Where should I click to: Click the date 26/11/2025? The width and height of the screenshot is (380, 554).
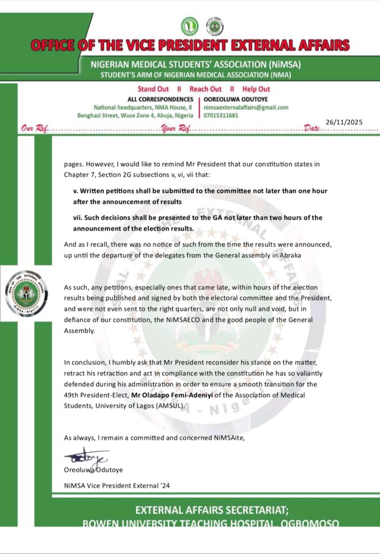pyautogui.click(x=344, y=122)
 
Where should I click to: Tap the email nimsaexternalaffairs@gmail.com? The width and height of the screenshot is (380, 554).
pyautogui.click(x=246, y=108)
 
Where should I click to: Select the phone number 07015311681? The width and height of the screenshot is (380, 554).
pyautogui.click(x=221, y=116)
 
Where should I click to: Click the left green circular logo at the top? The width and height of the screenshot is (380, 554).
pyautogui.click(x=190, y=26)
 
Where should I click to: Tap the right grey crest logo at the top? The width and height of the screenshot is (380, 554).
pyautogui.click(x=215, y=26)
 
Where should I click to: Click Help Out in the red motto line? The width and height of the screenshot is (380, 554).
pyautogui.click(x=256, y=89)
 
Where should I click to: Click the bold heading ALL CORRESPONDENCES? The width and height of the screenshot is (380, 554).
pyautogui.click(x=160, y=100)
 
